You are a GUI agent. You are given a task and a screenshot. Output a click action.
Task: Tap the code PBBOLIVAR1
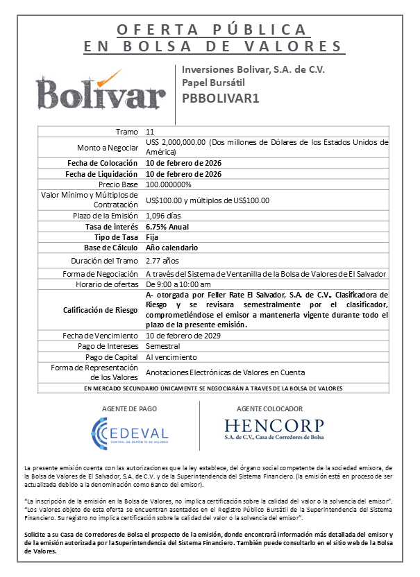tap(220, 98)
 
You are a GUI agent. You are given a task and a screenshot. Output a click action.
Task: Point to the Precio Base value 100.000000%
tap(169, 184)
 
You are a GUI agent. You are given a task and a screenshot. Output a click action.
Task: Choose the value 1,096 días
tap(164, 216)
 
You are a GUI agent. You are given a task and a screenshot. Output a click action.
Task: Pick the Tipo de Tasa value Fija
tap(152, 237)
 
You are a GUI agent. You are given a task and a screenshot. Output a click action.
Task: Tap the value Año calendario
tap(171, 248)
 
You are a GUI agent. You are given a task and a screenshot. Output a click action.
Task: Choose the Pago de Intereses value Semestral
tap(162, 346)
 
